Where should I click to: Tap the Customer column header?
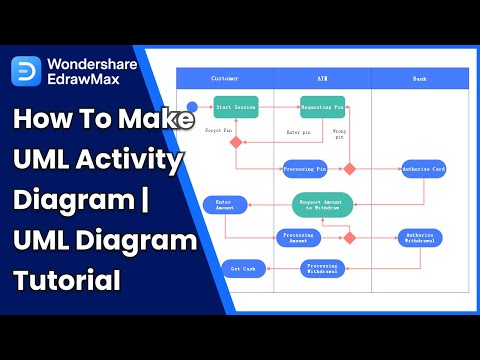pyautogui.click(x=225, y=77)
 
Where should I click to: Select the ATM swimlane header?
pyautogui.click(x=323, y=77)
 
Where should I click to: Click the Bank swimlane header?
pyautogui.click(x=419, y=77)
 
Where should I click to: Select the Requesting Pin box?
pyautogui.click(x=322, y=107)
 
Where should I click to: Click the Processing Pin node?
pyautogui.click(x=305, y=168)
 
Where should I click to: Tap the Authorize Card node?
pyautogui.click(x=422, y=168)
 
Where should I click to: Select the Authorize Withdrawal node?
pyautogui.click(x=419, y=238)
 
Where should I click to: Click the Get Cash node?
pyautogui.click(x=242, y=268)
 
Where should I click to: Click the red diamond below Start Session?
pyautogui.click(x=236, y=142)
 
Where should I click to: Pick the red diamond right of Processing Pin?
pyautogui.click(x=350, y=168)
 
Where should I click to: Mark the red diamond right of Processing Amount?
pyautogui.click(x=350, y=237)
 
